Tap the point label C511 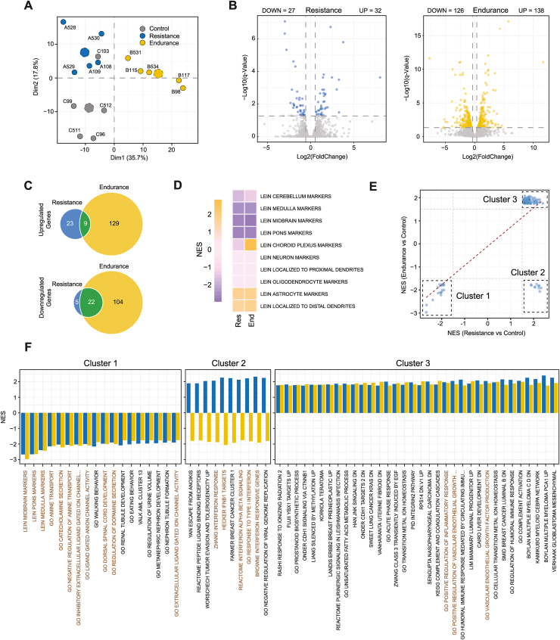point(74,130)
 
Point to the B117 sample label point(183,75)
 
